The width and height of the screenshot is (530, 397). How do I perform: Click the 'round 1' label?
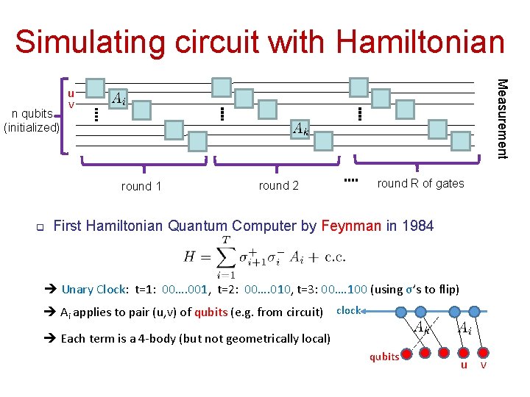coord(141,186)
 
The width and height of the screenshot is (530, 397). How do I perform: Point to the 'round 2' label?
coord(279,186)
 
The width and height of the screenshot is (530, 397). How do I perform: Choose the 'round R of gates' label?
coord(420,184)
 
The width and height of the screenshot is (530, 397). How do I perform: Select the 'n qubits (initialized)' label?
coord(31,121)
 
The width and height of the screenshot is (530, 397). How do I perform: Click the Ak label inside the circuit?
coord(300,129)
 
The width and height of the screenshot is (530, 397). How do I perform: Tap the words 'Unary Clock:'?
coord(96,289)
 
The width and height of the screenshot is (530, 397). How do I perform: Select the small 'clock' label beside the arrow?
coord(348,310)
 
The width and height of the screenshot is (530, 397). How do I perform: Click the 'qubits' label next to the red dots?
coord(384,357)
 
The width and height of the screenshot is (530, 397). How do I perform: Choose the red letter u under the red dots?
coord(464,365)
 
